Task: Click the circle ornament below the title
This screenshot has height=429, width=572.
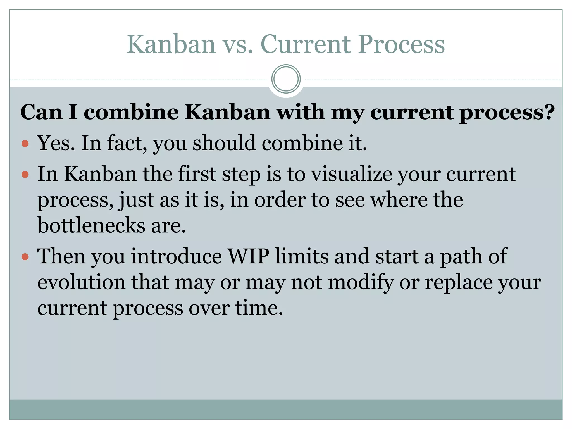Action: pos(286,79)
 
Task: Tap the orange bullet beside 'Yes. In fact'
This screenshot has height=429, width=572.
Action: pos(25,144)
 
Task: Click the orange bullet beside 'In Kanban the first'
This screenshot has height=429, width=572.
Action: pos(25,175)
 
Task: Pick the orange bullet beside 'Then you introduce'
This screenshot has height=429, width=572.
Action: pos(25,257)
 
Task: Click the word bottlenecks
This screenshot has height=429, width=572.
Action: pos(91,225)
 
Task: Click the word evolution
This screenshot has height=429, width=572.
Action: pos(81,282)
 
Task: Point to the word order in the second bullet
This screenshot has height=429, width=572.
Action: pos(280,200)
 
